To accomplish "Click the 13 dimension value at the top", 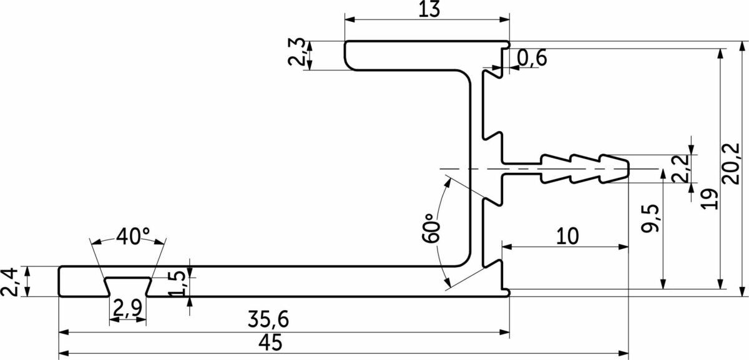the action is click(x=429, y=9).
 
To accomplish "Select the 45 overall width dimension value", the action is click(x=270, y=343).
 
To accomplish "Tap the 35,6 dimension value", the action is click(x=268, y=319).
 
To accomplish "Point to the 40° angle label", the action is click(x=133, y=236).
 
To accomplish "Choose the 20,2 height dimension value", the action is click(x=731, y=164).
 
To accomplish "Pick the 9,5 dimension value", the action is click(x=650, y=218).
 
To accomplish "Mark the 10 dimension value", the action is click(x=567, y=236).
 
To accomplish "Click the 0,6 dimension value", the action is click(x=532, y=57).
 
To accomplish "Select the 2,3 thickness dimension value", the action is click(x=296, y=52).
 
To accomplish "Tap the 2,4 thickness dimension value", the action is click(x=9, y=282).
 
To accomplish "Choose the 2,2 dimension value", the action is click(x=682, y=168).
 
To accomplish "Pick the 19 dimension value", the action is click(x=709, y=199).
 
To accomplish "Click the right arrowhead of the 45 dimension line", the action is click(x=624, y=353).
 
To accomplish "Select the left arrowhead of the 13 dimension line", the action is click(x=350, y=19).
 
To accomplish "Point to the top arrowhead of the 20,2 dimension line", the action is click(x=742, y=46).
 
